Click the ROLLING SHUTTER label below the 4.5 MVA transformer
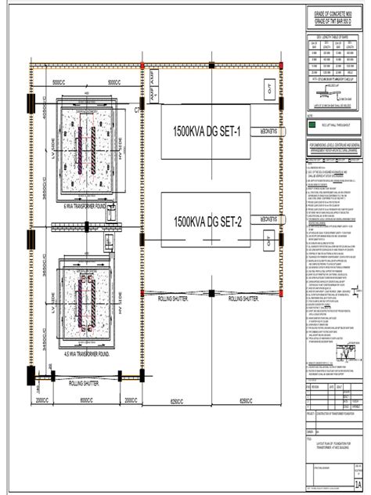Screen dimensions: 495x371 click(x=85, y=384)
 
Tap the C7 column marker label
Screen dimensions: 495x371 click(x=140, y=111)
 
